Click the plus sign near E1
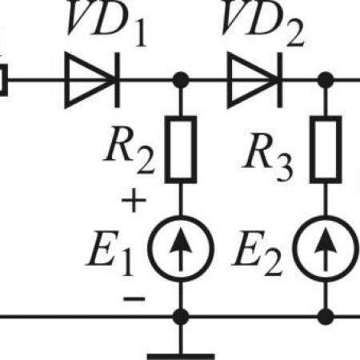point(134,200)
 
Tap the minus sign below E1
point(134,298)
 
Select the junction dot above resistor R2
point(181,80)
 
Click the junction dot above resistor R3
point(326,80)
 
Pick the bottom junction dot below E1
point(181,317)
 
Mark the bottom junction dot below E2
point(326,317)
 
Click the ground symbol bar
point(181,357)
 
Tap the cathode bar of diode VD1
point(117,80)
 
